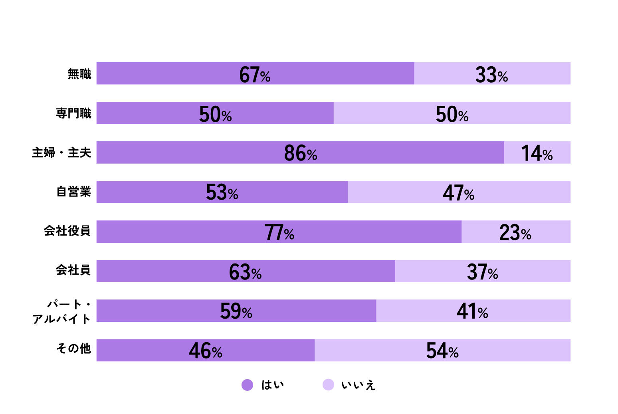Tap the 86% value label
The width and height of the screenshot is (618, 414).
(300, 153)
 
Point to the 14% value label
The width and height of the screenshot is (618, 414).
(537, 153)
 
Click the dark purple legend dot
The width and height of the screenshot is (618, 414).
(248, 385)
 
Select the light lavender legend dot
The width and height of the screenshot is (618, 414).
(329, 384)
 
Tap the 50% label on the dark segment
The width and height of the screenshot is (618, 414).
(215, 115)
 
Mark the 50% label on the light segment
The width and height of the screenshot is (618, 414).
(452, 115)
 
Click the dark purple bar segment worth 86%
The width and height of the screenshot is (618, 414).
(200, 153)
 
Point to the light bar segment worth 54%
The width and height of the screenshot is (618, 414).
(519, 350)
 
